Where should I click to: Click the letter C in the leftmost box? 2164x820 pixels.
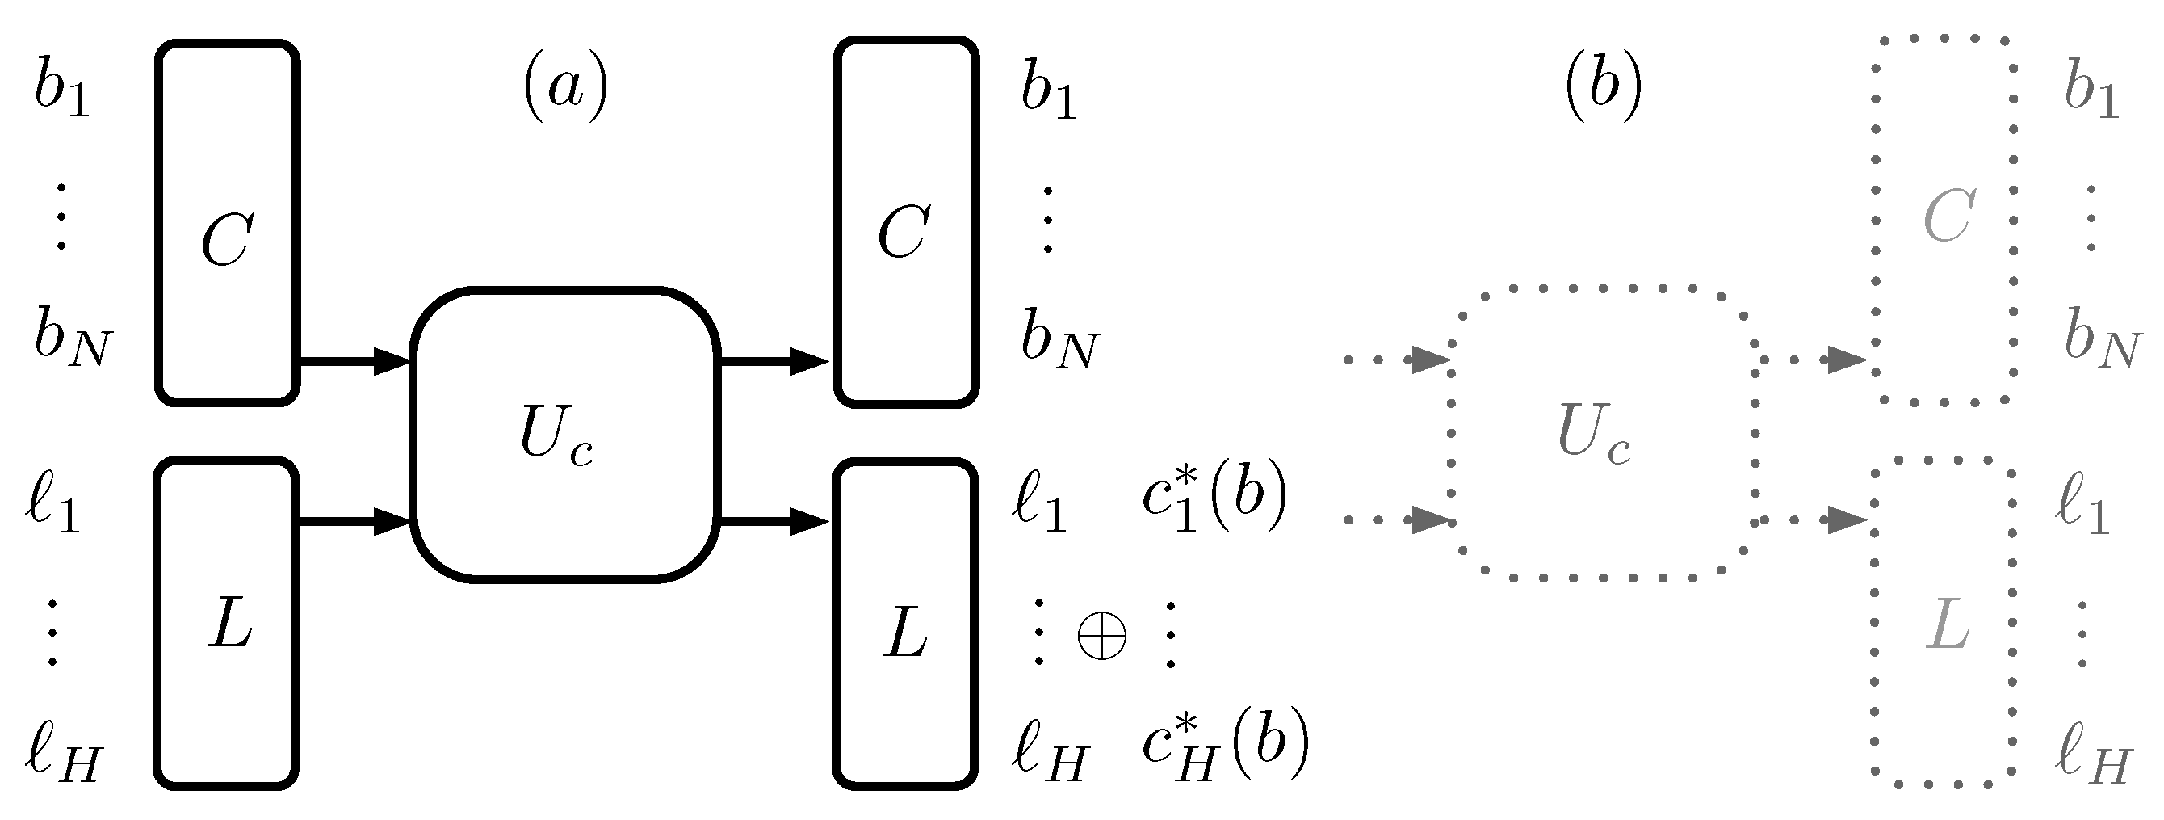click(x=228, y=239)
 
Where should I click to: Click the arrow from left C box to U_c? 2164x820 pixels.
click(x=354, y=362)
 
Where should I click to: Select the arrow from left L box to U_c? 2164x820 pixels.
click(x=354, y=522)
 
